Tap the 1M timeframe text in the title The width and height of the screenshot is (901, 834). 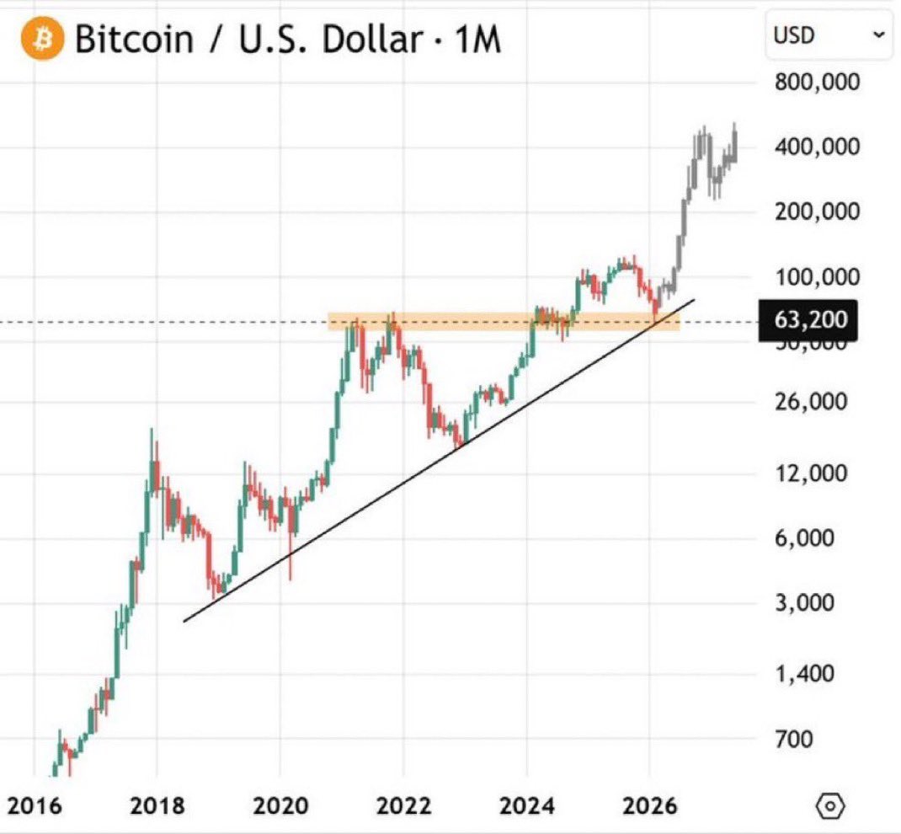(x=478, y=39)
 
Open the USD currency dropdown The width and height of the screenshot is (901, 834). (x=828, y=35)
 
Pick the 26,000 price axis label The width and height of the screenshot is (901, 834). (x=811, y=401)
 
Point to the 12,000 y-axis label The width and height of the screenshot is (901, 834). (x=811, y=473)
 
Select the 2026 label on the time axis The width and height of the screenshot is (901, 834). (x=649, y=806)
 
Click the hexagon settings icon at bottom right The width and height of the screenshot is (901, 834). (x=829, y=806)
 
